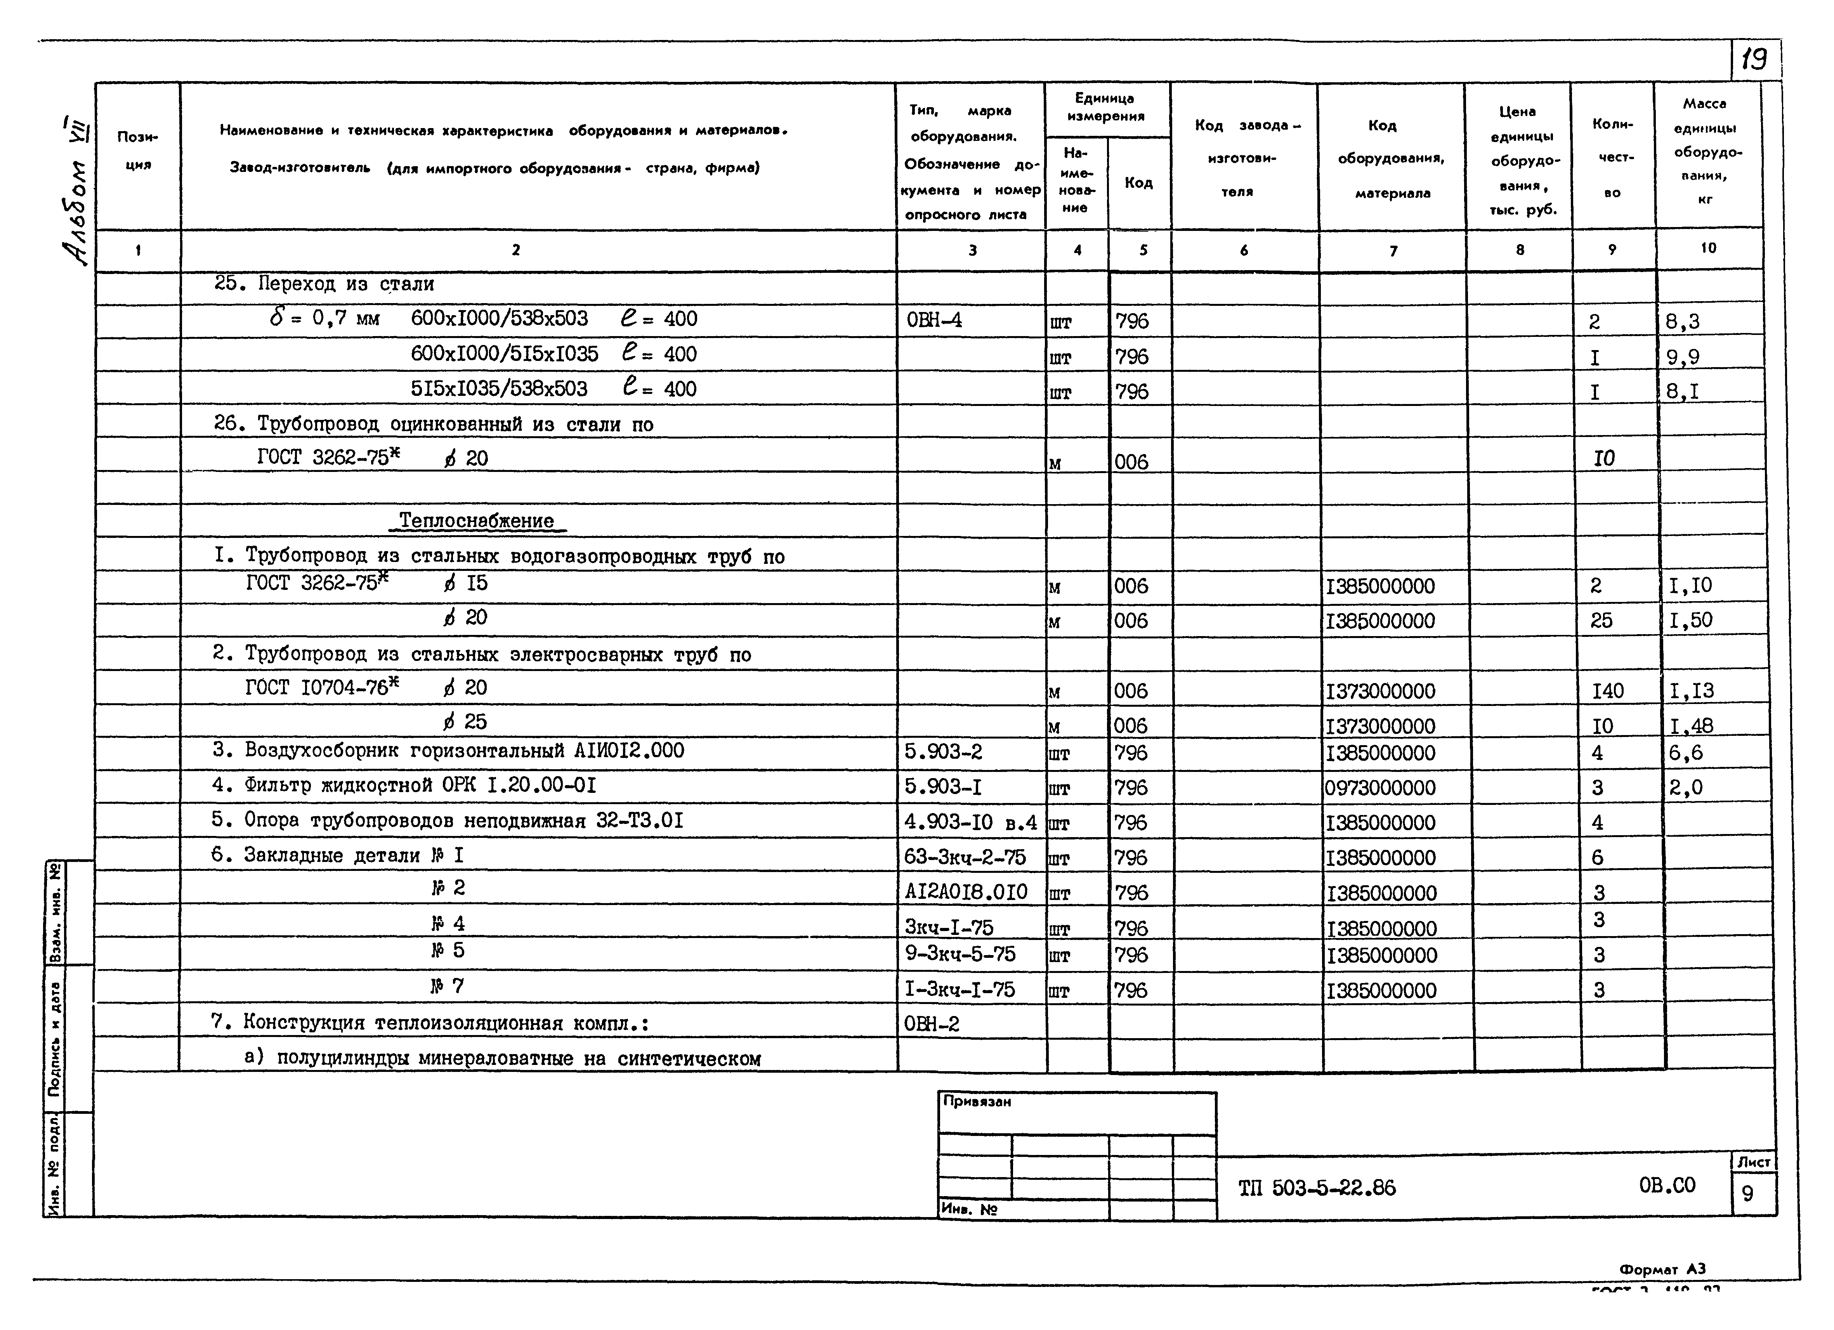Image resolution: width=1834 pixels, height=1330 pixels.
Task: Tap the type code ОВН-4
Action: (x=934, y=320)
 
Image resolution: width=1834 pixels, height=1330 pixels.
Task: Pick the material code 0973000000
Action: (x=1379, y=787)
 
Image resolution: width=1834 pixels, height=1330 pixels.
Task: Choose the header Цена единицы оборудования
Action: (x=1518, y=160)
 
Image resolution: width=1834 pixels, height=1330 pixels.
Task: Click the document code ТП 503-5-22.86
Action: (x=1317, y=1188)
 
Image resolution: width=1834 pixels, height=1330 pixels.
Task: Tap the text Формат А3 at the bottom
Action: (x=1662, y=1269)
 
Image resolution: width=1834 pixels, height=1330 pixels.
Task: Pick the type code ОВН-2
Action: (x=932, y=1023)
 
